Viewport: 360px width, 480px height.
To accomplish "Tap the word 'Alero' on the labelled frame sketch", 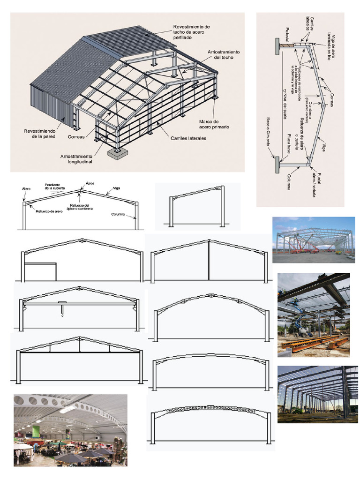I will tap(26, 189).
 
